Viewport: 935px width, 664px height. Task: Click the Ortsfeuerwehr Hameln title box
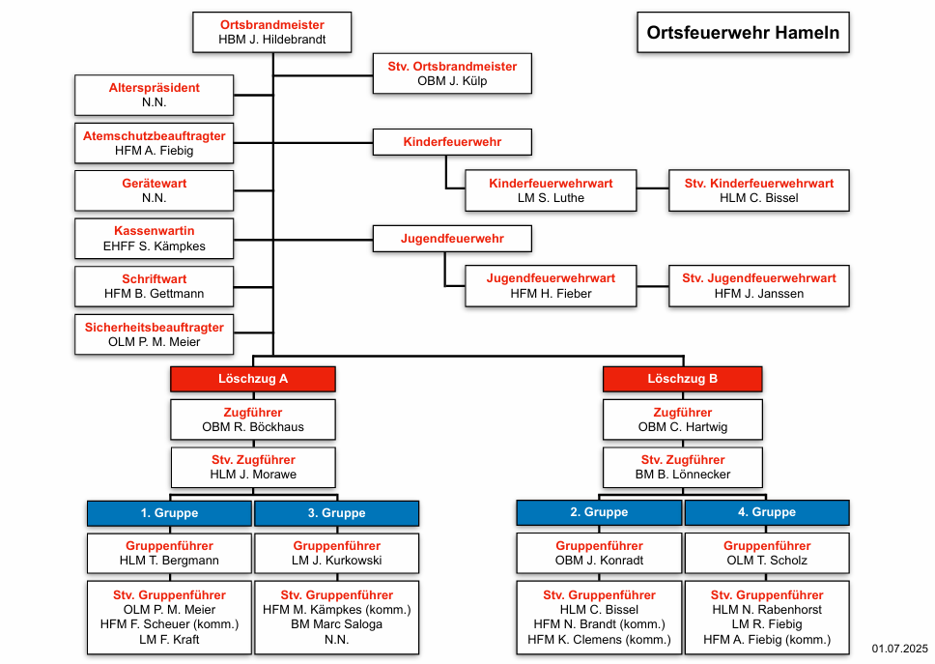(743, 32)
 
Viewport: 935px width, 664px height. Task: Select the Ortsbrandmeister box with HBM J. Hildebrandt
(272, 32)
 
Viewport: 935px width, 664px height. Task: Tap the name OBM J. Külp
(452, 81)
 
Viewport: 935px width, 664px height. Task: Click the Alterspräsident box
(154, 95)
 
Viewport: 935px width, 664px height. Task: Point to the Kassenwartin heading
(154, 231)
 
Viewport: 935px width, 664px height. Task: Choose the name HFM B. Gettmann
(154, 294)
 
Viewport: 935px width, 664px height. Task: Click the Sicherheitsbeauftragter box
(154, 334)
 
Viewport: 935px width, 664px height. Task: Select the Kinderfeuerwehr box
(452, 142)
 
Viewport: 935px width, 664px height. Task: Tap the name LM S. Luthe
(551, 198)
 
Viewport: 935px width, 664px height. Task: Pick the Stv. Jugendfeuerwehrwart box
(759, 286)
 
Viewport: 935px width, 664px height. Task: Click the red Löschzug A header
(253, 379)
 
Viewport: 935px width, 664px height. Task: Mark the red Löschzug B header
(683, 379)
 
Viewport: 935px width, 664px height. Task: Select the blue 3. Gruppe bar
(337, 513)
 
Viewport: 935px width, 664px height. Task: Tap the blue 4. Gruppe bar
(767, 512)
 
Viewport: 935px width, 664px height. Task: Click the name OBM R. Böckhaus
(253, 427)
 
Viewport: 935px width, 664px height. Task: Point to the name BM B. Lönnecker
(683, 475)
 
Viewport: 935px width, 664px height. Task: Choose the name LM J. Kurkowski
(337, 561)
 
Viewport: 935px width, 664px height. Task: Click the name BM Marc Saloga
(337, 624)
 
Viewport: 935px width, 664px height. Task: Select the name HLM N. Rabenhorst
(767, 610)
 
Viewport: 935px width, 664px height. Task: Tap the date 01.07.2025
(900, 649)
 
